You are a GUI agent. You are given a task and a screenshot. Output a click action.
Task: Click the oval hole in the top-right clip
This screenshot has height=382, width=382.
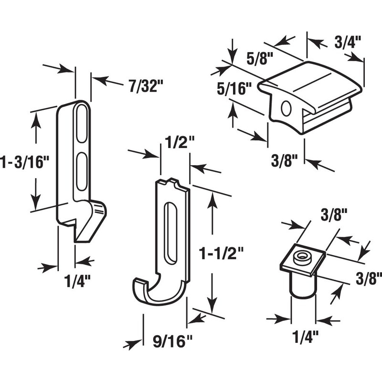[x=286, y=109]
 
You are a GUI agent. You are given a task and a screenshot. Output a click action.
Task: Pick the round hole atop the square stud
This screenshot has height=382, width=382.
[x=302, y=256]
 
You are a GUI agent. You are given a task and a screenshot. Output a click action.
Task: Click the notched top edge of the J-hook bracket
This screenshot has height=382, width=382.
[x=173, y=183]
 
